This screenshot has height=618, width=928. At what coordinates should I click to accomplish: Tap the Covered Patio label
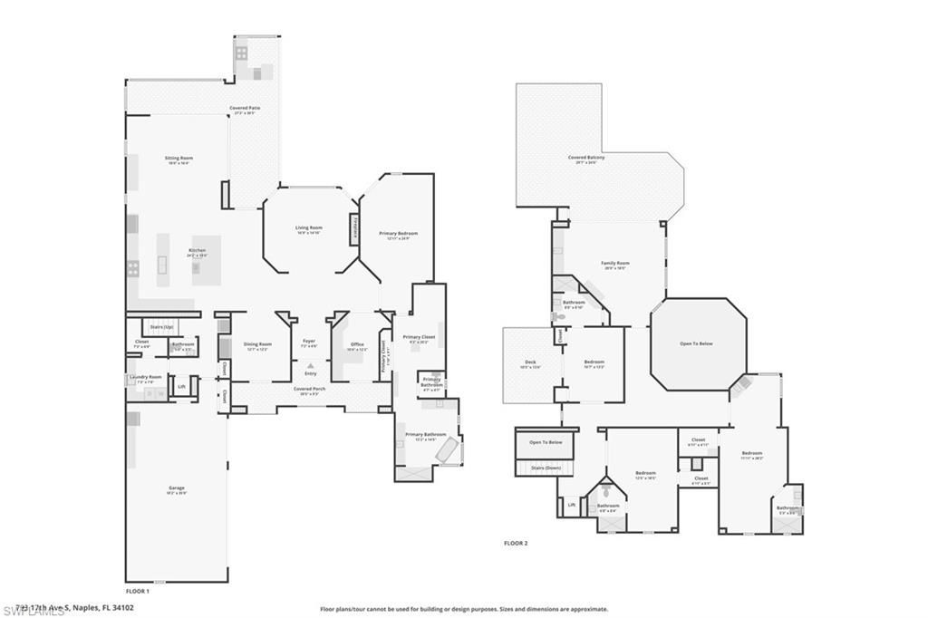pyautogui.click(x=245, y=108)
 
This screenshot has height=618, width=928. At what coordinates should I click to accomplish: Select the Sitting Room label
pyautogui.click(x=179, y=158)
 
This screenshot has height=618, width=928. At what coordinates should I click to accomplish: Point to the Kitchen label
pyautogui.click(x=197, y=250)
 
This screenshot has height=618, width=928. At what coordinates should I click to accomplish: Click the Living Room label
pyautogui.click(x=309, y=227)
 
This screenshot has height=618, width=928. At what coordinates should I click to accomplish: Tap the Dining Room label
pyautogui.click(x=258, y=343)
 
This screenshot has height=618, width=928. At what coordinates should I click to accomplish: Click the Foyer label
pyautogui.click(x=309, y=341)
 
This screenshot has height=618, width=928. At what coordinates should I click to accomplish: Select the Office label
pyautogui.click(x=357, y=343)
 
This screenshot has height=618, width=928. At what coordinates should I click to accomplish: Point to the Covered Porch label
pyautogui.click(x=309, y=388)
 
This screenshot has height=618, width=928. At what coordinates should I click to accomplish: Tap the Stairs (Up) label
pyautogui.click(x=161, y=325)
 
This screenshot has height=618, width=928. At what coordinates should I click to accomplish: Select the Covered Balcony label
pyautogui.click(x=586, y=157)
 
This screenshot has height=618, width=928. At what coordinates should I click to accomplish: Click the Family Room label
pyautogui.click(x=615, y=263)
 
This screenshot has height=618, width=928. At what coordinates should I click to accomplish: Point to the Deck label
pyautogui.click(x=529, y=362)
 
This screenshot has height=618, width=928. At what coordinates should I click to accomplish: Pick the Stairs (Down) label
pyautogui.click(x=546, y=468)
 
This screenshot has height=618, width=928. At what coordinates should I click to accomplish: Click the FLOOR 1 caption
pyautogui.click(x=137, y=590)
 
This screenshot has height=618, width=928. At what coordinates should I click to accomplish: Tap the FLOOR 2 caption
pyautogui.click(x=516, y=543)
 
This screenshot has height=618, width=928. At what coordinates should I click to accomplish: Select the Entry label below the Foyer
pyautogui.click(x=310, y=373)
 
